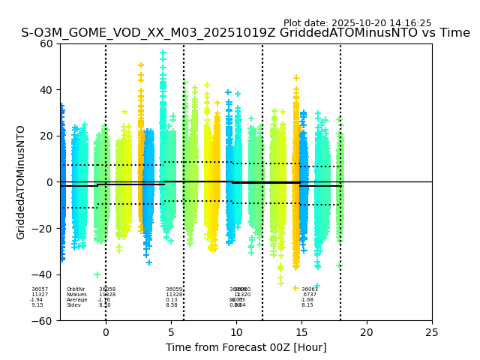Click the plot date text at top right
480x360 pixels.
[357, 23]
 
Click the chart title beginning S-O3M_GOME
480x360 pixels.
[245, 33]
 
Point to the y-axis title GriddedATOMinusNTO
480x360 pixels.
[21, 182]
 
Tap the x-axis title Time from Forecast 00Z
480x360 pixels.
[246, 347]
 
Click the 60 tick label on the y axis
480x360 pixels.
[46, 43]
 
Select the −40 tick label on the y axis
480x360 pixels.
[43, 274]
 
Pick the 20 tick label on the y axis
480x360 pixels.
[46, 136]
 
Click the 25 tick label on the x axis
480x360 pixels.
[432, 332]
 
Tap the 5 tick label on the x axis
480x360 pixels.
[171, 332]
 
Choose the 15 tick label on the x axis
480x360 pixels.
[301, 332]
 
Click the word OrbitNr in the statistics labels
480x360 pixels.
[76, 289]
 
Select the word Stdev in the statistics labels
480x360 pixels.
[73, 305]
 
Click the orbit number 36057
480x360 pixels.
[40, 289]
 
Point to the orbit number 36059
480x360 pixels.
[174, 289]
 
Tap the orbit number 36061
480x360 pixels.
[310, 289]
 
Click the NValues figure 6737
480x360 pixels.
[310, 295]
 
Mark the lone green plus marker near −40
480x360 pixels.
[97, 274]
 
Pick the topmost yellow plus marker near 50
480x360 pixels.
[141, 66]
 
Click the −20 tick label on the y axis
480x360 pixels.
[43, 229]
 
